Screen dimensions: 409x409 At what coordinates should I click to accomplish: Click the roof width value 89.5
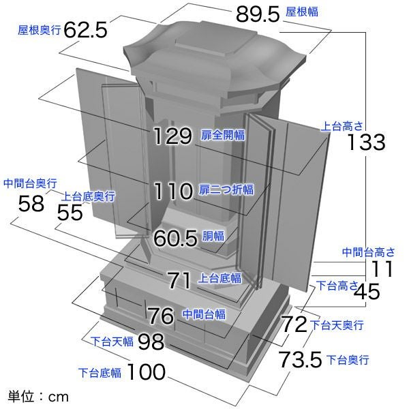tap(257, 13)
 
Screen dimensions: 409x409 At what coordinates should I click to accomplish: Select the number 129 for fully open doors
tap(172, 136)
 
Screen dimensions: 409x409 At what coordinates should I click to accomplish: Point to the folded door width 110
tap(173, 191)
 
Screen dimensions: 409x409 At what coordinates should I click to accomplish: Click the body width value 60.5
tap(175, 238)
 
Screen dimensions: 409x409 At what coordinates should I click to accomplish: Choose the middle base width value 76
tap(161, 316)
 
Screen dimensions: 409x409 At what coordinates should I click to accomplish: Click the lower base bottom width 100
tap(146, 372)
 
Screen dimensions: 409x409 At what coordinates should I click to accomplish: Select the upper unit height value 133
tap(365, 142)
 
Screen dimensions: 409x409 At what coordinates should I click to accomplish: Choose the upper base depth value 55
tap(70, 212)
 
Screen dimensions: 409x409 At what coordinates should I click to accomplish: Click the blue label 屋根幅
tap(301, 12)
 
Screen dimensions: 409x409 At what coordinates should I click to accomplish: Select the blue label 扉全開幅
tap(222, 136)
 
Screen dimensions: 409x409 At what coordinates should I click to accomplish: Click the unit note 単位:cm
tap(38, 395)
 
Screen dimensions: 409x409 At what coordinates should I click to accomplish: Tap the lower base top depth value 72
tap(295, 324)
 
